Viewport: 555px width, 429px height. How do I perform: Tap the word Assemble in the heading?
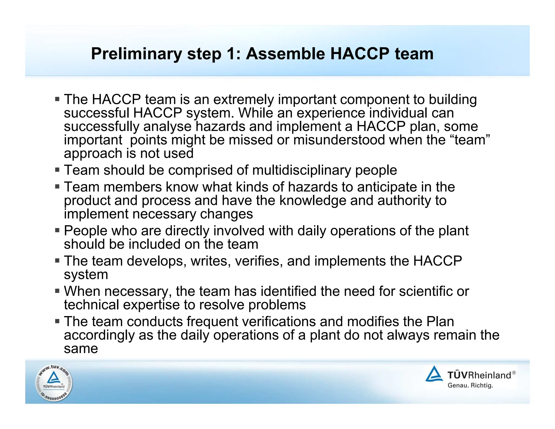tap(285, 54)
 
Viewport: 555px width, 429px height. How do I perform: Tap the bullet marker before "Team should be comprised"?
tap(57, 170)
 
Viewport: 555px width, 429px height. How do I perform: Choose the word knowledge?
tap(313, 201)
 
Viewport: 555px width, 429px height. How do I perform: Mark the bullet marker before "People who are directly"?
tap(57, 230)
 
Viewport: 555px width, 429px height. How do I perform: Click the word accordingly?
tap(99, 335)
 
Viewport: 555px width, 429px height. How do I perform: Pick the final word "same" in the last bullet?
tap(81, 348)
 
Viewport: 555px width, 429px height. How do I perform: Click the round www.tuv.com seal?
tap(54, 383)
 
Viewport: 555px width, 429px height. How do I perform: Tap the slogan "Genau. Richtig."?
tap(470, 385)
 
